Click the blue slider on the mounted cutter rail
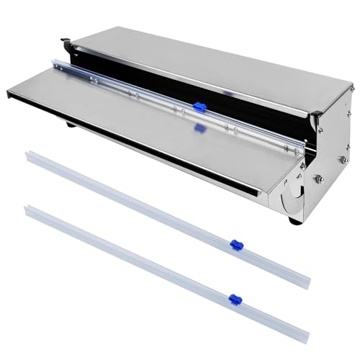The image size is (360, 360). point(199,109)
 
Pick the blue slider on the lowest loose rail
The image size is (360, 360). point(233,298)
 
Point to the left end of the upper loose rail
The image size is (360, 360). point(29,155)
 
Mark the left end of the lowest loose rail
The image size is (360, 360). point(29,210)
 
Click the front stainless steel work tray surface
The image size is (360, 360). point(144,122)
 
